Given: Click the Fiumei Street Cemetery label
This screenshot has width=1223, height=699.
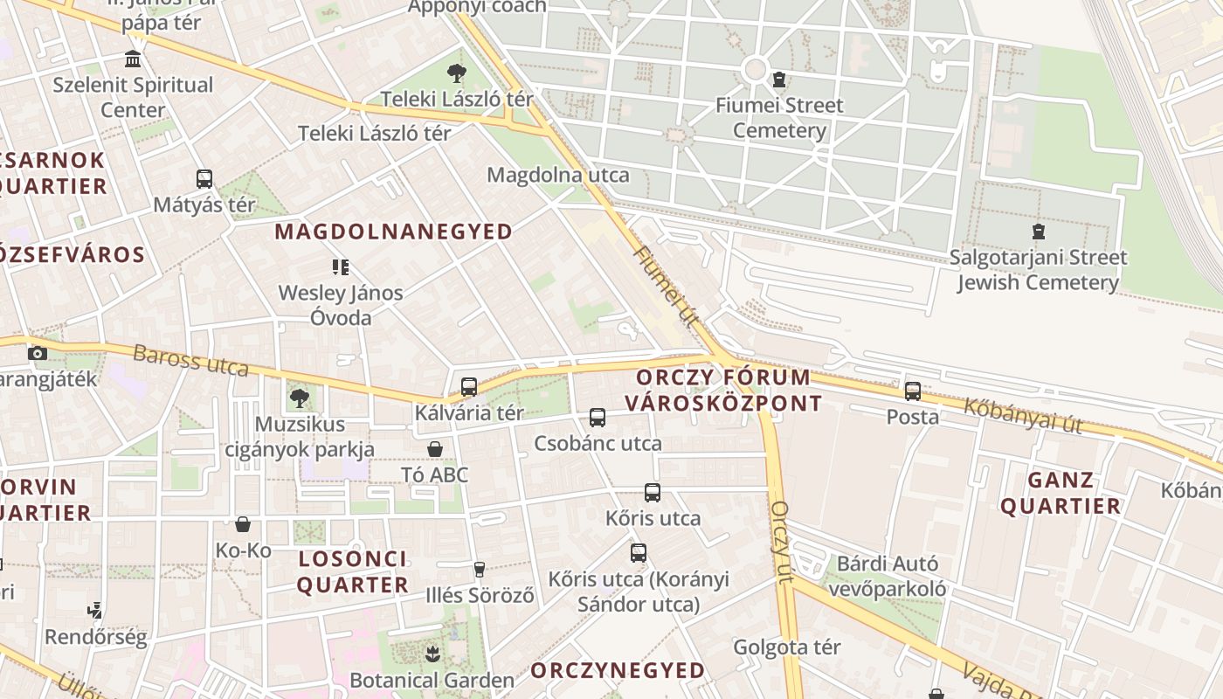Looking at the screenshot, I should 779,118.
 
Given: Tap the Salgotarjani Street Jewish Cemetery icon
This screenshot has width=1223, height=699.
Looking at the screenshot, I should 1038,232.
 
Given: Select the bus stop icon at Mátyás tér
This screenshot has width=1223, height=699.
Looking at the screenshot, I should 204,179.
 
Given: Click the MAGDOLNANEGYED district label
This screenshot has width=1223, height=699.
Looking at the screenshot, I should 393,232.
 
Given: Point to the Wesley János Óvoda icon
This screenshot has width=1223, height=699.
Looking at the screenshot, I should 341,266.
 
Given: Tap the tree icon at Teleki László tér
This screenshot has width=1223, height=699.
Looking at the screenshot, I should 456,73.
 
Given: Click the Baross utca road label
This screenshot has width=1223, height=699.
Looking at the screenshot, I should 190,361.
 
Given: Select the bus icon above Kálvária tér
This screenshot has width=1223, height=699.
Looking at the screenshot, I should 469,386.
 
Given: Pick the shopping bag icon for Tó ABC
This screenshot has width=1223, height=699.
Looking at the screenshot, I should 435,449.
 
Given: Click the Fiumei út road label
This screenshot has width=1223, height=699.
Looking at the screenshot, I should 665,286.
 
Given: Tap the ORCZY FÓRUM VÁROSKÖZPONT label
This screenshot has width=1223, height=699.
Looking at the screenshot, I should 723,391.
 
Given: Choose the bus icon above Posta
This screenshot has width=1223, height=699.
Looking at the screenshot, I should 913,391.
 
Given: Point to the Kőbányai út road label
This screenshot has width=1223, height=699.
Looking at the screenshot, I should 1023,416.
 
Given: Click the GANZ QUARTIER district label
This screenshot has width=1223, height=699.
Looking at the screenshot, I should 1061,493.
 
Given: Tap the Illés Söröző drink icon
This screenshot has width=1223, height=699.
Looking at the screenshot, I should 479,570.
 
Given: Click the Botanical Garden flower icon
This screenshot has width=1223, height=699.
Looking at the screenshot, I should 432,654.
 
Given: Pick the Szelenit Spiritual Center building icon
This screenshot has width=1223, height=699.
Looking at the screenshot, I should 133,59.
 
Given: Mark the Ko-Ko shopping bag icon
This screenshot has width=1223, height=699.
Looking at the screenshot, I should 243,524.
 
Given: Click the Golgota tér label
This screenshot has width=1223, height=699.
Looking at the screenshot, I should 786,647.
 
